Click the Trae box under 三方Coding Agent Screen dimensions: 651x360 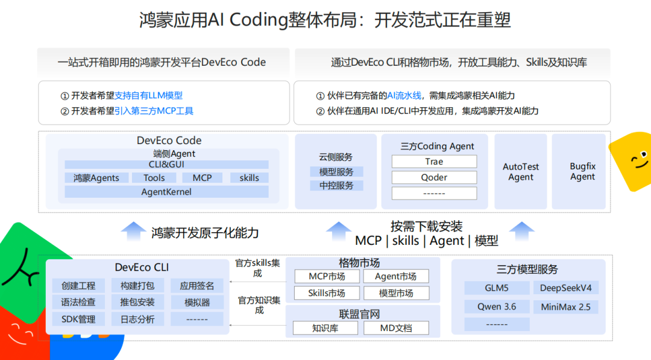coord(434,162)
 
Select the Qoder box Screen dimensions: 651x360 coord(434,177)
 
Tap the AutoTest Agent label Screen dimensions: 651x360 coord(521,172)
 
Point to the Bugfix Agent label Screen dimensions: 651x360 coord(582,171)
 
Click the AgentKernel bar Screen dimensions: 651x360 coord(166,192)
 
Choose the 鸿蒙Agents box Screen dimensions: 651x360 coord(96,178)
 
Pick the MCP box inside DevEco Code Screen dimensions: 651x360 coord(202,178)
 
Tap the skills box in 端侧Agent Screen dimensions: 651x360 coord(249,178)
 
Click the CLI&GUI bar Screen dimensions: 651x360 coord(166,165)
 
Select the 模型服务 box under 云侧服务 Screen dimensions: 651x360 coord(336,172)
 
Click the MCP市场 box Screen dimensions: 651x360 coord(327,277)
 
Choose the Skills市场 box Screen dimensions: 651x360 coord(327,293)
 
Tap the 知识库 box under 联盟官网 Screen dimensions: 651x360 coord(325,328)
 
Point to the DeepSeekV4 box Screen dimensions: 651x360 coord(565,288)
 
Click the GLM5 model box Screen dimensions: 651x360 coord(497,288)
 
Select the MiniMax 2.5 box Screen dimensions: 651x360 coord(565,307)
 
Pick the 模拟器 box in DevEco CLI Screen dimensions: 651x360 coord(197,302)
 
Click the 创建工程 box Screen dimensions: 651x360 coord(78,286)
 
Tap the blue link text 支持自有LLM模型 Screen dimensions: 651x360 coord(148,95)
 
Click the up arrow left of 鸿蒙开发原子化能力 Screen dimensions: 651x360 coord(133,232)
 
